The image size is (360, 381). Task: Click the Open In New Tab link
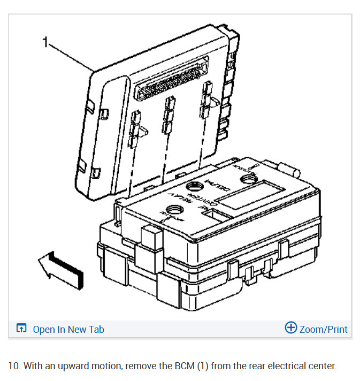pyautogui.click(x=68, y=329)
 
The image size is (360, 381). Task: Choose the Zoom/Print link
pyautogui.click(x=323, y=329)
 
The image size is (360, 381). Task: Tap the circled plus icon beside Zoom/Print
pyautogui.click(x=290, y=327)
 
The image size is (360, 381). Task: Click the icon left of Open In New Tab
pyautogui.click(x=21, y=329)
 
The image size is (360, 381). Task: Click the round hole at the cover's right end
pyautogui.click(x=250, y=180)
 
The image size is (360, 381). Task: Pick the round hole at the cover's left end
pyautogui.click(x=171, y=219)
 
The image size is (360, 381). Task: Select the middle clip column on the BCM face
pyautogui.click(x=170, y=114)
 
